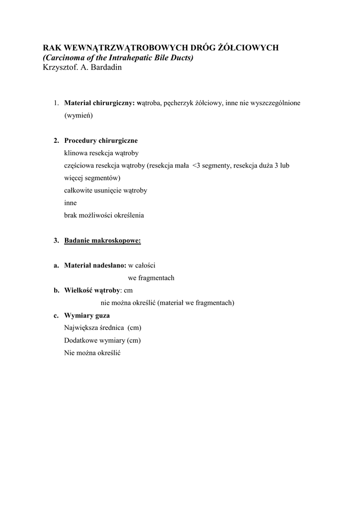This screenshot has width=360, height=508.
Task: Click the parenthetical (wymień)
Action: [x=78, y=116]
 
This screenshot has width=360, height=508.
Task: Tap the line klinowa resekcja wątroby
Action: [x=101, y=153]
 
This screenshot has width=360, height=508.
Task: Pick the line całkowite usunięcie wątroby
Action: [x=105, y=190]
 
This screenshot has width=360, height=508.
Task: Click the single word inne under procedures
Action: [x=71, y=203]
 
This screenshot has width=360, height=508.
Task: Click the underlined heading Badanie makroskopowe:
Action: [x=102, y=241]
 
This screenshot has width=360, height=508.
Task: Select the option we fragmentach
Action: [x=151, y=278]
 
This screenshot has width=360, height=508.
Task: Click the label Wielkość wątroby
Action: [x=92, y=290]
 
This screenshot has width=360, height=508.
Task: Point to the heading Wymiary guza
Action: [x=87, y=316]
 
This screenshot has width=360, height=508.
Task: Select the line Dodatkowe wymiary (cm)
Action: [x=102, y=340]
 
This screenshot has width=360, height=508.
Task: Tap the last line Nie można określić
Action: [x=93, y=353]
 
